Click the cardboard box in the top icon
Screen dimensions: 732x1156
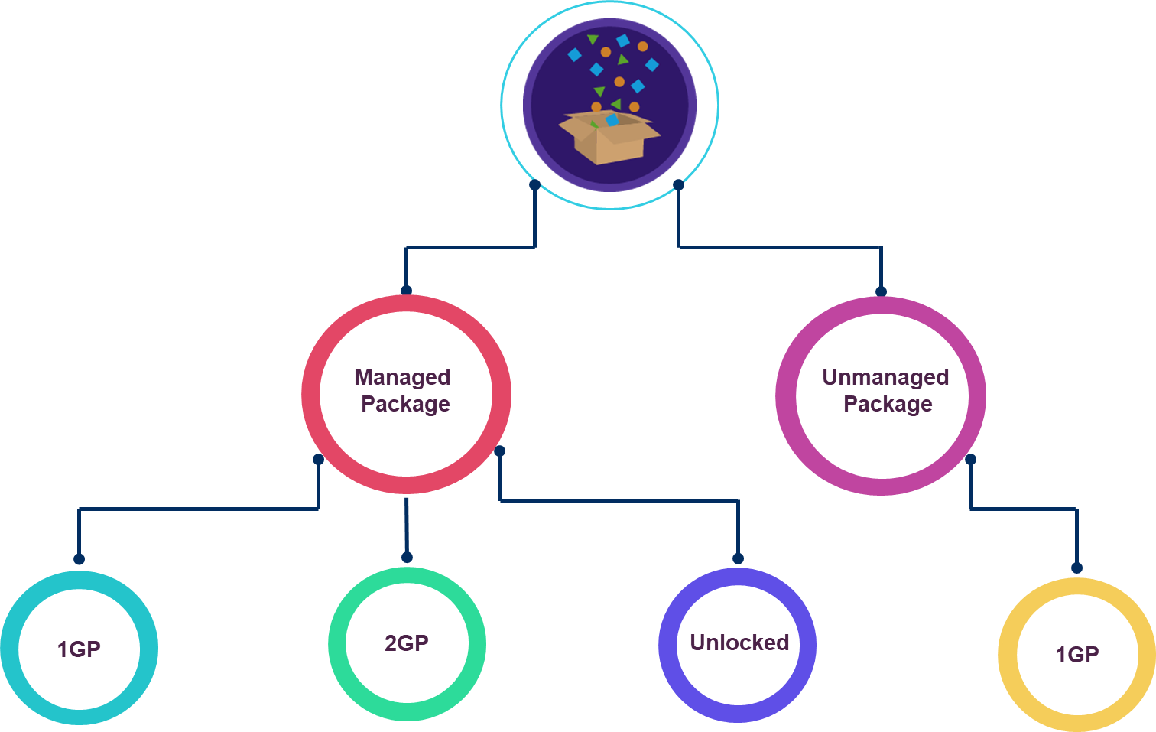click(x=609, y=138)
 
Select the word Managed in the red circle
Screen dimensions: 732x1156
click(x=402, y=377)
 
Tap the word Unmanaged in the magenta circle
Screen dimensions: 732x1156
click(x=885, y=377)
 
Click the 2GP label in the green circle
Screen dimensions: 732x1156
click(x=407, y=643)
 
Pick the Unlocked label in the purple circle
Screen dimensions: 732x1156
click(x=739, y=643)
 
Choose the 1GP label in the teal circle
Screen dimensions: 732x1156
click(x=79, y=649)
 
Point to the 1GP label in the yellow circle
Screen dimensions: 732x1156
click(x=1077, y=655)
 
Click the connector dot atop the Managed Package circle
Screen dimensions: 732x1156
click(x=406, y=291)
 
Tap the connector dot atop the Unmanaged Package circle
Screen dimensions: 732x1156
click(x=881, y=291)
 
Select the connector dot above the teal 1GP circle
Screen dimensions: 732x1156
click(x=79, y=559)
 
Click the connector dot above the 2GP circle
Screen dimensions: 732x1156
click(x=407, y=558)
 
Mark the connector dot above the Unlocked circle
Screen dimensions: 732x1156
click(x=738, y=558)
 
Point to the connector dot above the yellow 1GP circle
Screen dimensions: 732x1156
click(x=1076, y=568)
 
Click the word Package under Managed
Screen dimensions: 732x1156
click(x=405, y=404)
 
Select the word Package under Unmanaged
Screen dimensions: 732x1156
click(x=888, y=404)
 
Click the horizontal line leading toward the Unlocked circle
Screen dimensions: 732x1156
click(x=619, y=501)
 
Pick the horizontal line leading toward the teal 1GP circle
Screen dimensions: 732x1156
click(x=199, y=509)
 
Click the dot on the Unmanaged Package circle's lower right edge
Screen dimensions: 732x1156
click(x=970, y=460)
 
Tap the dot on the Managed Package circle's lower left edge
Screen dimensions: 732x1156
click(x=318, y=460)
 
